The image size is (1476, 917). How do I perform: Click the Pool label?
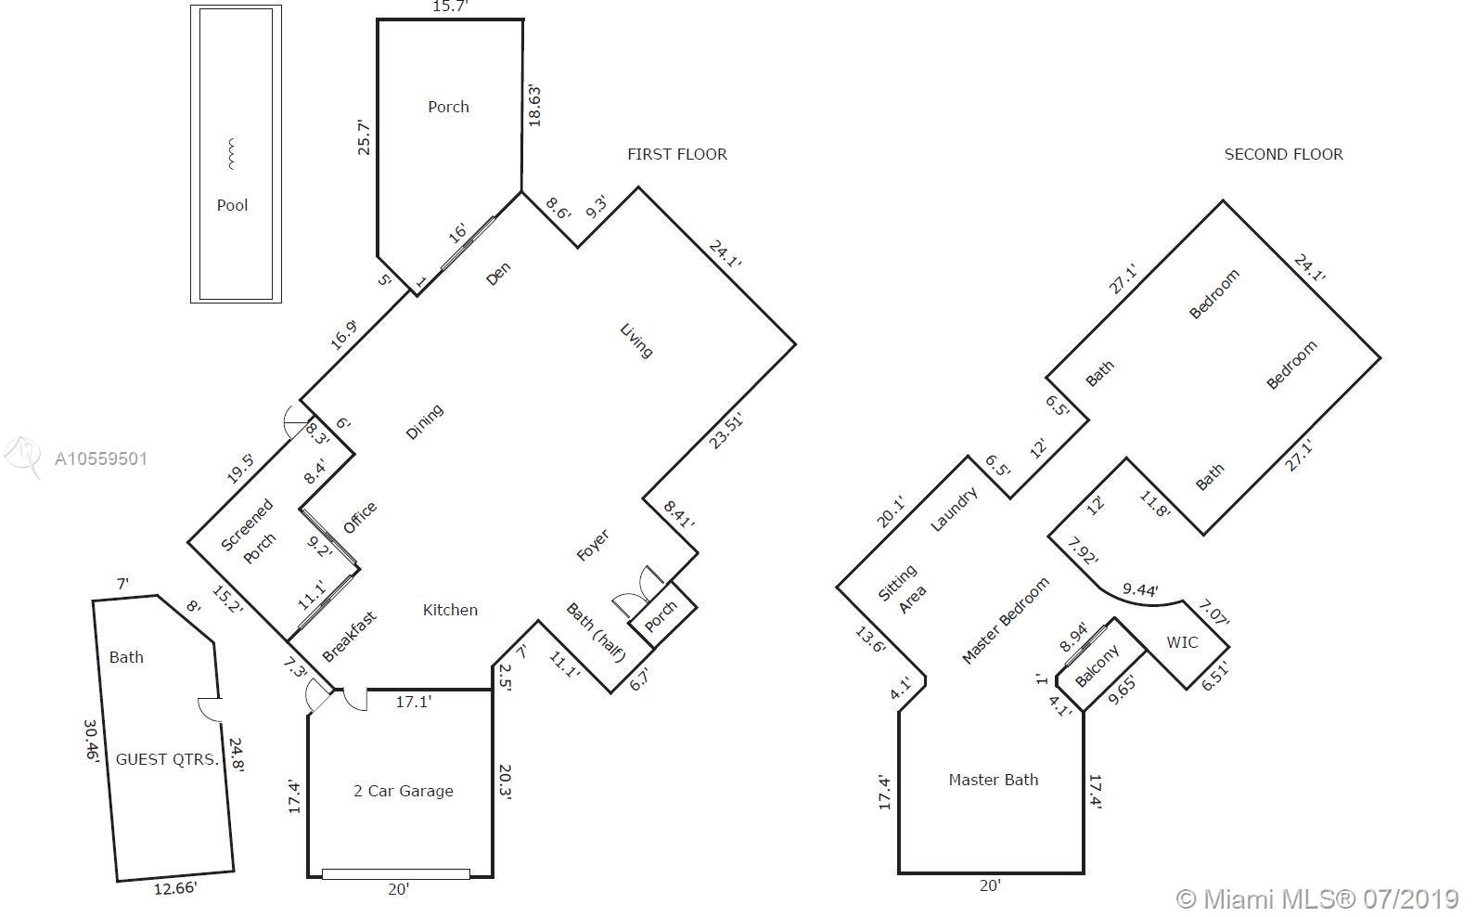click(232, 206)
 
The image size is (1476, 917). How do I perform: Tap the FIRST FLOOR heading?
click(676, 154)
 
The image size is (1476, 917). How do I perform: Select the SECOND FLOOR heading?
click(1283, 154)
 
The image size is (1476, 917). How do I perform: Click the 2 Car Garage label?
click(404, 791)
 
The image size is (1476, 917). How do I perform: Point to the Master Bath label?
click(993, 780)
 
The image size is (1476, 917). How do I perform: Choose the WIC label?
click(1182, 642)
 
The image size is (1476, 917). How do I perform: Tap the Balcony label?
click(1097, 665)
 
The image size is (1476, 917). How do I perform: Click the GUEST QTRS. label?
click(167, 759)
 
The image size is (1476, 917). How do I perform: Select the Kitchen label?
click(450, 610)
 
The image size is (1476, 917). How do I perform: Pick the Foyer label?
click(593, 545)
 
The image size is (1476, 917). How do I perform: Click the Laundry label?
click(954, 510)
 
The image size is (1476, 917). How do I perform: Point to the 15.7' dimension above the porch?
click(450, 6)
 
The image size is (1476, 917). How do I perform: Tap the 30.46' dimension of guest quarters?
click(92, 741)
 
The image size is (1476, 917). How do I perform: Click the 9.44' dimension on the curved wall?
click(1140, 590)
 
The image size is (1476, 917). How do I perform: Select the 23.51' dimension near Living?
click(725, 432)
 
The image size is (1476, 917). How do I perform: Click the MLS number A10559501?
click(101, 458)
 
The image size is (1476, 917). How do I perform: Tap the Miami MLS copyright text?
click(1318, 899)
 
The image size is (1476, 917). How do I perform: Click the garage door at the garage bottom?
click(396, 874)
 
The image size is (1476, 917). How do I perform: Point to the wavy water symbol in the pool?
click(231, 154)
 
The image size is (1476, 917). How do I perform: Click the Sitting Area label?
click(903, 589)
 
